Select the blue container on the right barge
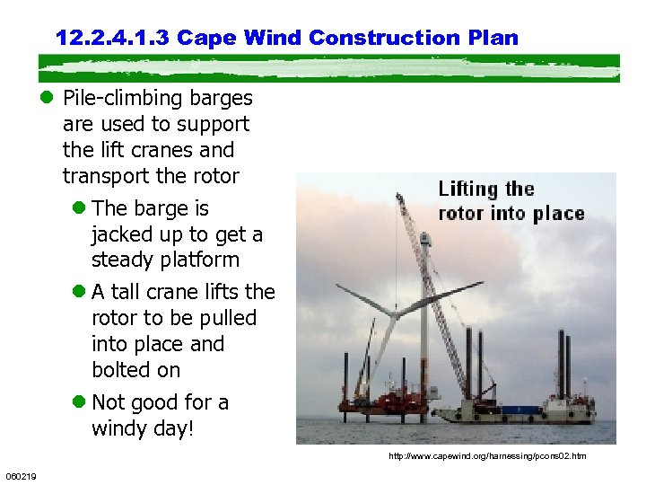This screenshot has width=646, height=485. (517, 410)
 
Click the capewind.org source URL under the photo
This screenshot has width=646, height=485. (486, 456)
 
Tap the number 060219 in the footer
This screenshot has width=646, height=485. (19, 475)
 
